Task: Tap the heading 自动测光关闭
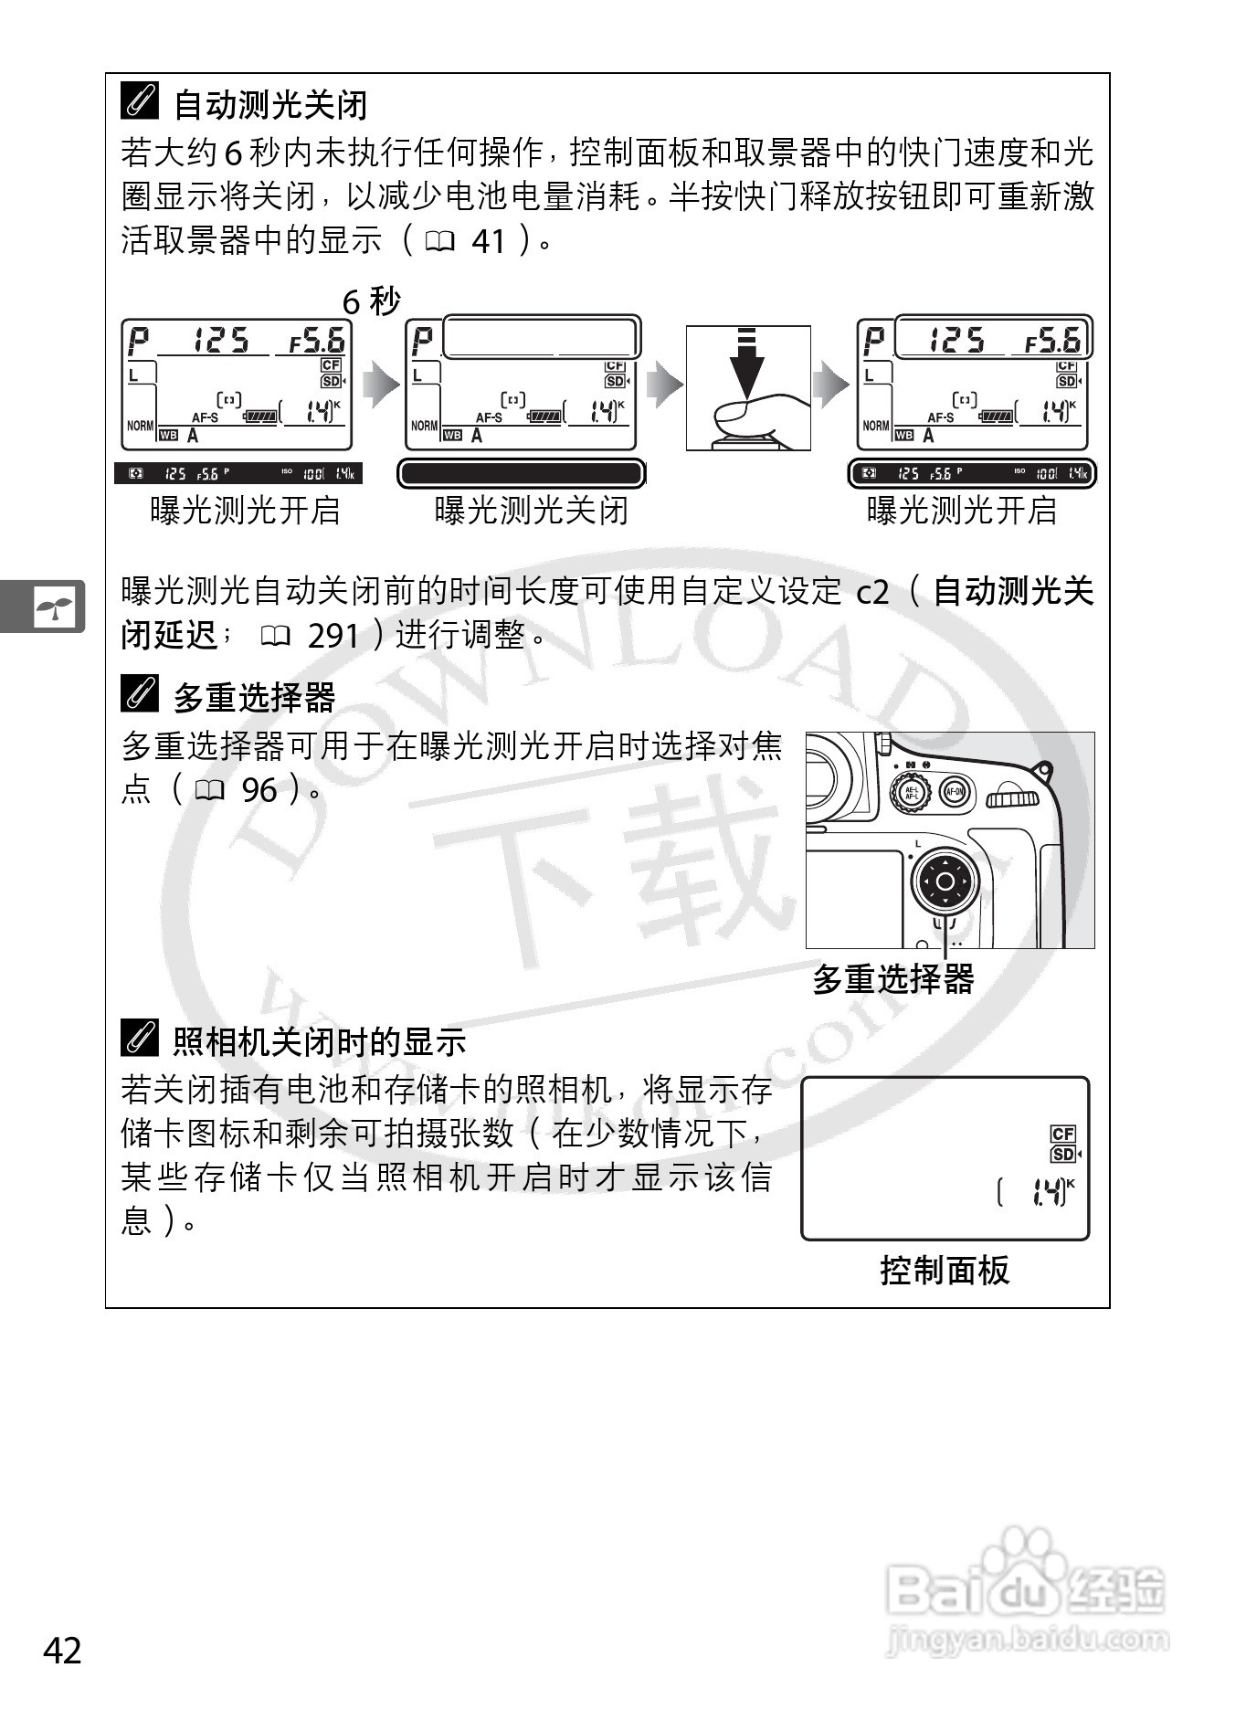[270, 105]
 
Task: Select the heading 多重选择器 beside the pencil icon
[254, 698]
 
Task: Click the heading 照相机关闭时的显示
[320, 1041]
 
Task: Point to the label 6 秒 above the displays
[371, 301]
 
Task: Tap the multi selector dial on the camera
[945, 881]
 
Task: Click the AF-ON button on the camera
[955, 792]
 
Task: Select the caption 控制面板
[945, 1271]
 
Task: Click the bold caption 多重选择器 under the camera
[893, 980]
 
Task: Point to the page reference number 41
[489, 241]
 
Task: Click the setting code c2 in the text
[872, 593]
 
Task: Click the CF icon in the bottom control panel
[1062, 1134]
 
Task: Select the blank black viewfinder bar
[521, 473]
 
